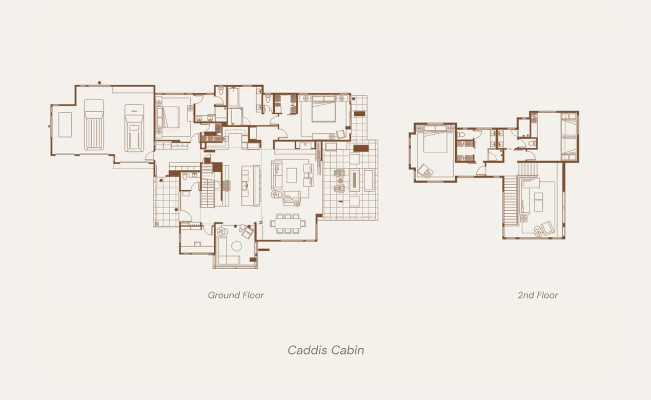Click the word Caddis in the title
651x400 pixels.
point(306,350)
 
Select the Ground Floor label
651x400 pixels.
point(236,295)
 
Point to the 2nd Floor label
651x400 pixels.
point(538,295)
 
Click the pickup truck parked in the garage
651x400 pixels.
point(94,125)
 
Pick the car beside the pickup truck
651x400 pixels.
point(134,128)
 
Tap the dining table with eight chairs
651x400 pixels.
point(288,223)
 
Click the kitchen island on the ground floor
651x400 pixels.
point(248,185)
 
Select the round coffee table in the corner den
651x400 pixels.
point(236,246)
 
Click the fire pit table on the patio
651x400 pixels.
point(354,180)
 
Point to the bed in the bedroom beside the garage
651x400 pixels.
point(171,116)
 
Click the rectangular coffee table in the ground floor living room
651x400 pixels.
point(292,175)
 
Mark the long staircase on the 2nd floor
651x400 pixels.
point(511,201)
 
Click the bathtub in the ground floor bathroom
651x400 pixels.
point(233,97)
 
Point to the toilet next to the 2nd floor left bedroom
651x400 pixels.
point(461,135)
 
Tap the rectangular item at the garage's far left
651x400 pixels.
point(65,125)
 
